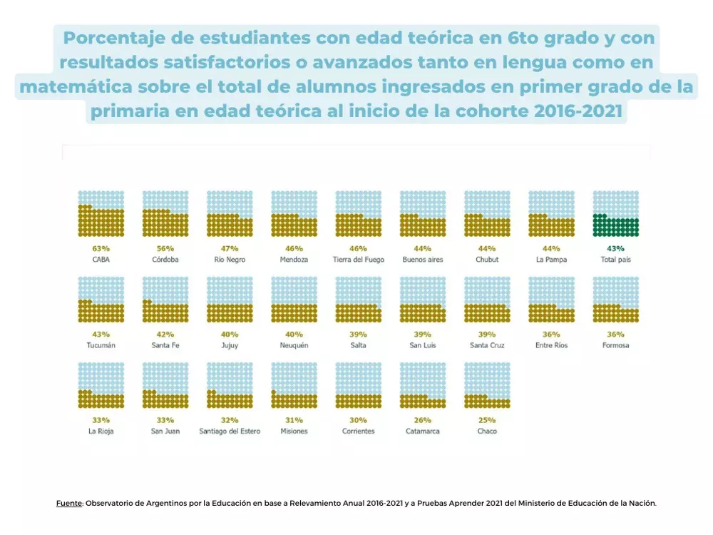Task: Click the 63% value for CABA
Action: pyautogui.click(x=101, y=248)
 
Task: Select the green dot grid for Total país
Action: pyautogui.click(x=616, y=213)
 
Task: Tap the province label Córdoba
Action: pyautogui.click(x=165, y=260)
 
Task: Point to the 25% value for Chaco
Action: pyautogui.click(x=487, y=419)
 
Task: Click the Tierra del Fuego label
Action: pyautogui.click(x=358, y=260)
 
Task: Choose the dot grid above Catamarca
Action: pyautogui.click(x=423, y=385)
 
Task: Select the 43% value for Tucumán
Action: pyautogui.click(x=101, y=334)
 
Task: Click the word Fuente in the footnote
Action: pyautogui.click(x=69, y=503)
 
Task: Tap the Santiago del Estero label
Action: pyautogui.click(x=230, y=431)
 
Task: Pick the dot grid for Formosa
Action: pyautogui.click(x=616, y=300)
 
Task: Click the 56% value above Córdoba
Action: pyautogui.click(x=165, y=248)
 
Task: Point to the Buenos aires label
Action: pyautogui.click(x=423, y=260)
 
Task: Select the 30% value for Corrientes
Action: pyautogui.click(x=358, y=419)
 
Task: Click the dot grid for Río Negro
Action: pyautogui.click(x=230, y=213)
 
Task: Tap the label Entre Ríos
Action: pyautogui.click(x=551, y=345)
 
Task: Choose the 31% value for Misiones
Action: pyautogui.click(x=294, y=419)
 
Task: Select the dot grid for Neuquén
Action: pyautogui.click(x=294, y=300)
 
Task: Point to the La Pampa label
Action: pyautogui.click(x=551, y=260)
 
